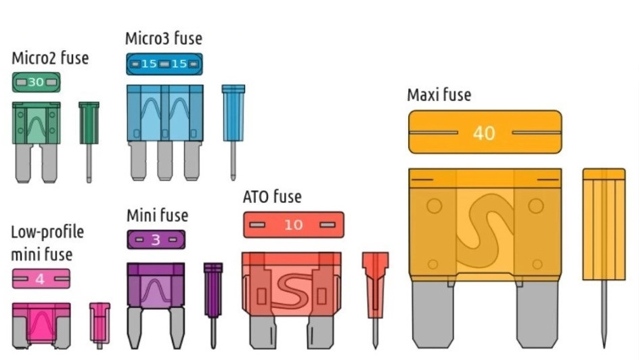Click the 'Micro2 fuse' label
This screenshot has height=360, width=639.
(x=50, y=58)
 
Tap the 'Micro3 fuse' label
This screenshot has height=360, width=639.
(x=163, y=39)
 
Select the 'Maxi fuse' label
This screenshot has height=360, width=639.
(x=439, y=95)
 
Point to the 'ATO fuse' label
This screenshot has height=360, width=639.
(x=272, y=197)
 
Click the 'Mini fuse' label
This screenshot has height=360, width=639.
(x=157, y=215)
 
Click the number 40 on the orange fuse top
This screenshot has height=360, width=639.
(x=484, y=133)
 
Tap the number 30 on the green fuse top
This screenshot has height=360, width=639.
(x=36, y=83)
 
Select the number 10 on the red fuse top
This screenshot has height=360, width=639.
(x=293, y=225)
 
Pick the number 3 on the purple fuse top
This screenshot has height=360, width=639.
(x=155, y=240)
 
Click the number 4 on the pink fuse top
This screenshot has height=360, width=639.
(x=39, y=279)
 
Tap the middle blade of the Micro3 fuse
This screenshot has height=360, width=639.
(x=164, y=160)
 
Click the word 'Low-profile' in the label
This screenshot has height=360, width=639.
(x=47, y=232)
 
